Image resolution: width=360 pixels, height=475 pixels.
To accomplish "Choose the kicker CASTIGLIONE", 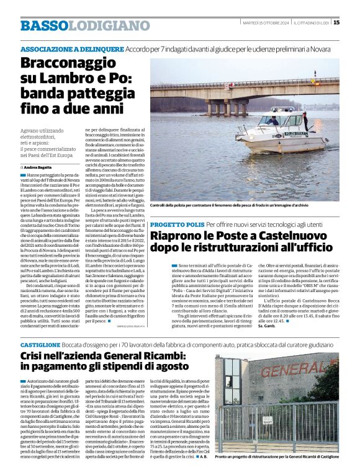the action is click(40, 343).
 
